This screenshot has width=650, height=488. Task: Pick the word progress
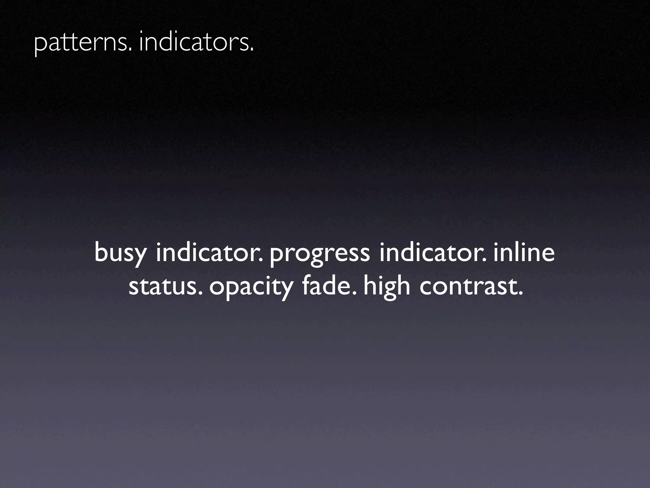coord(320,254)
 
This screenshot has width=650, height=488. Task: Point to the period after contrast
coord(520,294)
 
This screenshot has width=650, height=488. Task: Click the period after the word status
coord(200,294)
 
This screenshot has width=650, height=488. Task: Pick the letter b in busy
coord(101,253)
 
